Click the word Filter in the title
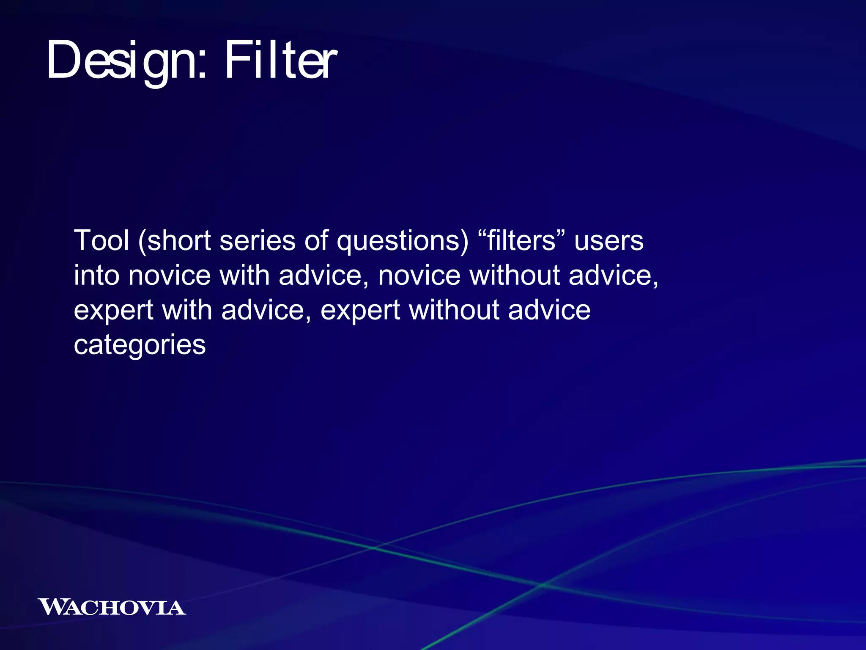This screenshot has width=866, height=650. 280,60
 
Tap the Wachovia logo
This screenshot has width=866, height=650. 112,607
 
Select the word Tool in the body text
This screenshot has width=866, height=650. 101,240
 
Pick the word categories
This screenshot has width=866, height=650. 140,345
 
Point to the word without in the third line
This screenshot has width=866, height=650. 454,310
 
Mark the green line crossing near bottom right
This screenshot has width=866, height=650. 543,584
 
